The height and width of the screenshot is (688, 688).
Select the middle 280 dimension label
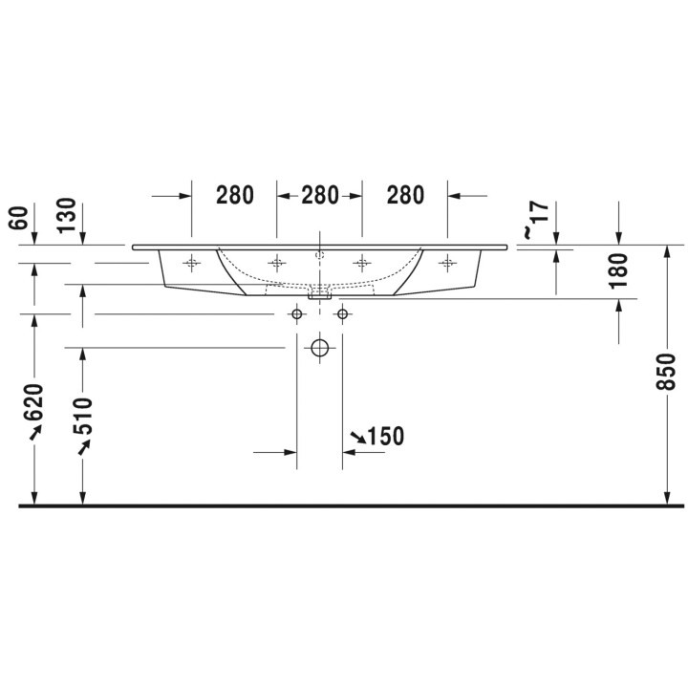320,195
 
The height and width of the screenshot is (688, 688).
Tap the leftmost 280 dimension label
234,195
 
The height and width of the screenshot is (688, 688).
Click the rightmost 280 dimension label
405,195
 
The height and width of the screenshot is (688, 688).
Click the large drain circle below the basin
320,348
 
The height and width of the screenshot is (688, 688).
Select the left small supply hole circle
297,313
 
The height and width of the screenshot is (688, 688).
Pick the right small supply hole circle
342,313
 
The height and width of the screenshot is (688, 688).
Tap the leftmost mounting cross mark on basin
192,262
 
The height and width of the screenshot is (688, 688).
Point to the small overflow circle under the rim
320,255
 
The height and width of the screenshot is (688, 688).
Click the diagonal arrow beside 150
356,438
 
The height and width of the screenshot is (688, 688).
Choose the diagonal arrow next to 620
36,433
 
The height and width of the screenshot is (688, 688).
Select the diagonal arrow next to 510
84,447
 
